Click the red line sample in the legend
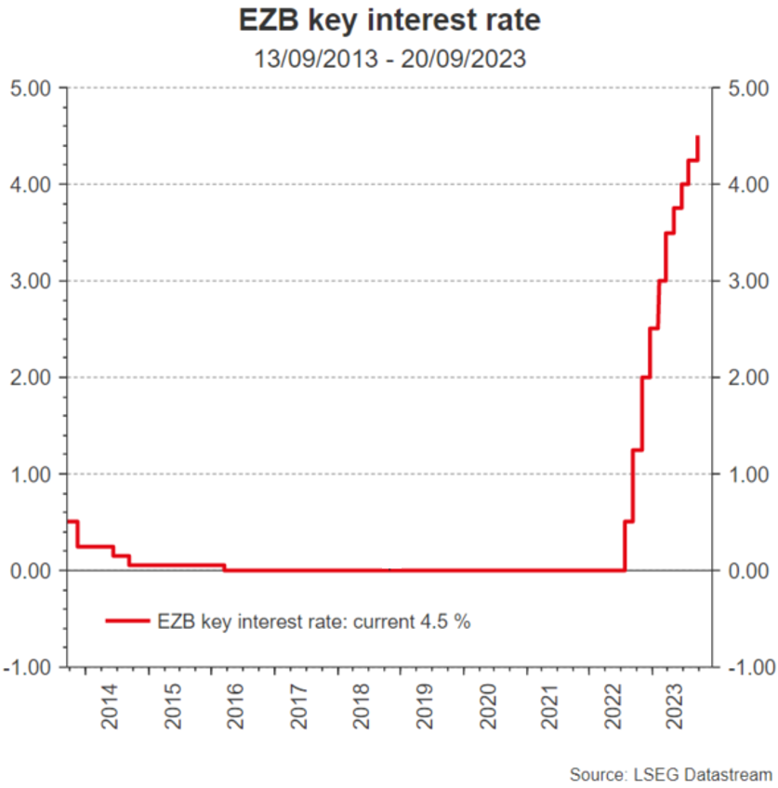(x=126, y=621)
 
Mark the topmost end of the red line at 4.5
(x=697, y=137)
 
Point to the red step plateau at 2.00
(x=645, y=377)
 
